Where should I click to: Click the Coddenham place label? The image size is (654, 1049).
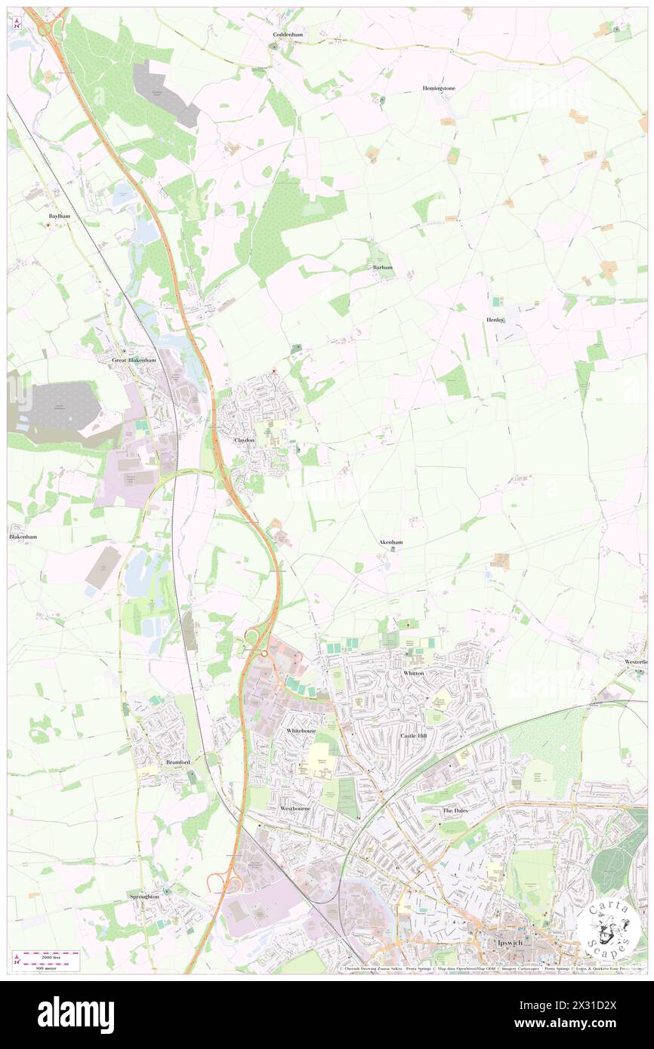point(288,35)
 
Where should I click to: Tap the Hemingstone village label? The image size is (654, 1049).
point(439,88)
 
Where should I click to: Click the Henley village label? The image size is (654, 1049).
point(495,320)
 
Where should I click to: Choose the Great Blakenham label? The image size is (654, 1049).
point(134,360)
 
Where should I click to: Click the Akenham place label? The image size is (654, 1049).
point(390,542)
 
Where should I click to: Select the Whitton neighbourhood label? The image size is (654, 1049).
point(413,672)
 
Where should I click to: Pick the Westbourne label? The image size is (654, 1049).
point(296,808)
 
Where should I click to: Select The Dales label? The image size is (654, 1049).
point(455,810)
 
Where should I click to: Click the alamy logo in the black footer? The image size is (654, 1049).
point(76,1014)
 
